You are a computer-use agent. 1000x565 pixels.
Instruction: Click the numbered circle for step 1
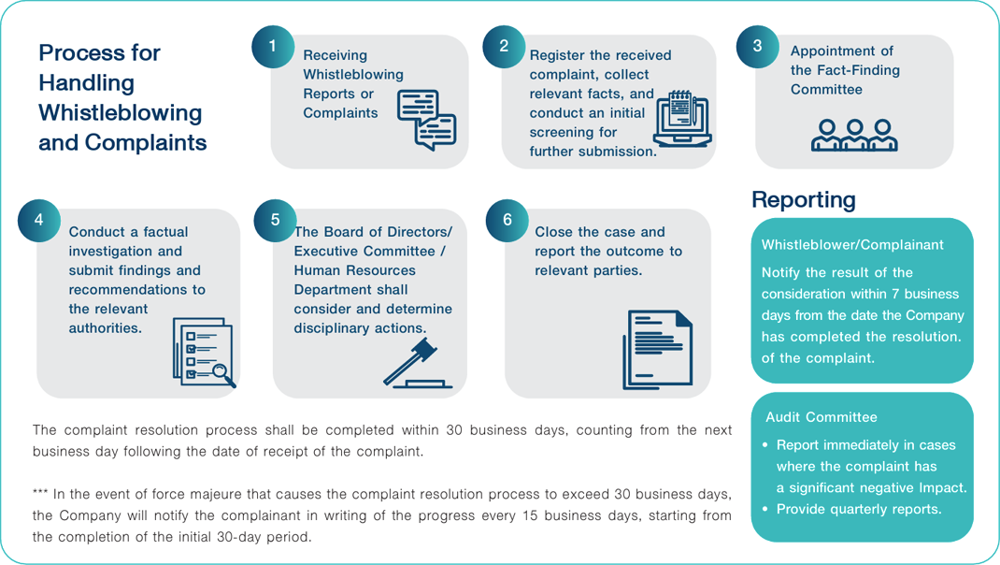(273, 47)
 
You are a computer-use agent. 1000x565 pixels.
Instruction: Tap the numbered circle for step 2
(504, 47)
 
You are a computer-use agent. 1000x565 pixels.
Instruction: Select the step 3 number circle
(758, 47)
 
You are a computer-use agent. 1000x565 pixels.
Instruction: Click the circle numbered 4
(39, 220)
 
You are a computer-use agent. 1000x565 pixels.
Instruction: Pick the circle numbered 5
(275, 220)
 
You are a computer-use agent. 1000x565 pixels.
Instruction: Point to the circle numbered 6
(507, 220)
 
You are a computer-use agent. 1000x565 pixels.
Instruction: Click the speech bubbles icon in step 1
(427, 120)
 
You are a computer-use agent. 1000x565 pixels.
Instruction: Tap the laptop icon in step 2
(683, 119)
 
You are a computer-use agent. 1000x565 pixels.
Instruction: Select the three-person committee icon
(854, 135)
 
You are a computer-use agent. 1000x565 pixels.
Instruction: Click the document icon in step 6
(658, 350)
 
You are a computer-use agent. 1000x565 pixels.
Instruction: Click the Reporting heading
(804, 200)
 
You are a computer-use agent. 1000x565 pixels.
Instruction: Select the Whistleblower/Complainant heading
(852, 244)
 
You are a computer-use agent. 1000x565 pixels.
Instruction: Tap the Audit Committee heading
(821, 417)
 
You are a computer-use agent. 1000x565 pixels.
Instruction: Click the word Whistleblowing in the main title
(120, 113)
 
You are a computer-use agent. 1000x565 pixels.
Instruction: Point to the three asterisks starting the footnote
(40, 493)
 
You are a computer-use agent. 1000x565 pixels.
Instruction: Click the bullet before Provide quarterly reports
(765, 509)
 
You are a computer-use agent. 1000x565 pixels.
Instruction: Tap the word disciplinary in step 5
(329, 328)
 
